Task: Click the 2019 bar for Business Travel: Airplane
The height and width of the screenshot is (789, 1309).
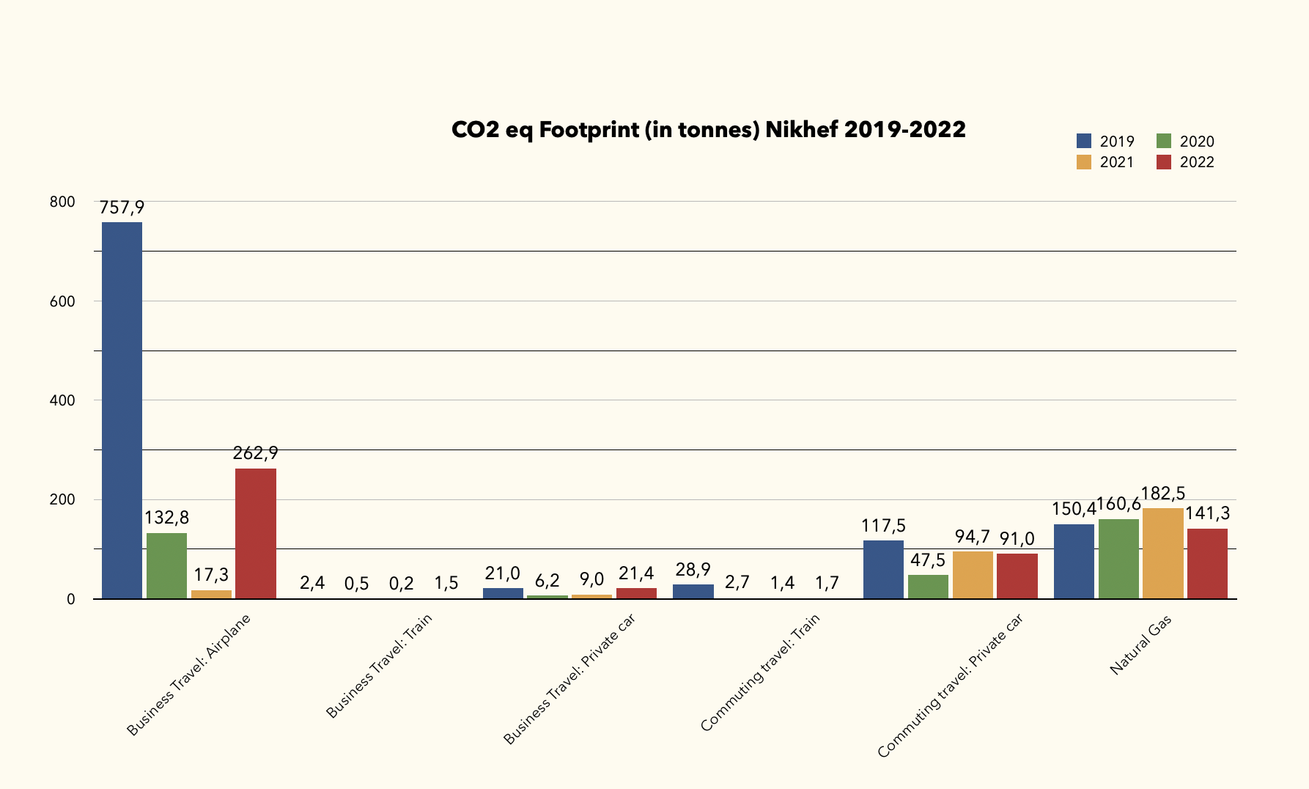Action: click(x=122, y=411)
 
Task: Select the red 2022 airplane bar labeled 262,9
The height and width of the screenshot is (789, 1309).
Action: click(x=256, y=533)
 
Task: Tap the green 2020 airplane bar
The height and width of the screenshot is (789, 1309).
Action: click(x=166, y=565)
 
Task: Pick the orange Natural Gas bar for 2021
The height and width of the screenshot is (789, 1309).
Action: click(x=1162, y=553)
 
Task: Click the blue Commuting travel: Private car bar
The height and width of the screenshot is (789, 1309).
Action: click(x=883, y=569)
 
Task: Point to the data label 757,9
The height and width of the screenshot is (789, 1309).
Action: click(x=122, y=208)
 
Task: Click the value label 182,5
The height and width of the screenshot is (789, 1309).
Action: click(x=1162, y=494)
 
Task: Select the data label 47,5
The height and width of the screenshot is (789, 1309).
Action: click(x=928, y=561)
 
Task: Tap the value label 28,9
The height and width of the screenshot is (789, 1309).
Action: click(x=693, y=570)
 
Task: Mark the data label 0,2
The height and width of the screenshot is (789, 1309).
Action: click(x=401, y=584)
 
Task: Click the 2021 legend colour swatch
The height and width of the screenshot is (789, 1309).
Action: click(x=1084, y=162)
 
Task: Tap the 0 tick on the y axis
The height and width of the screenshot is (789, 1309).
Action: click(x=71, y=600)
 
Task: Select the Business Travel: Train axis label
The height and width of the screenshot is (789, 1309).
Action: click(x=379, y=665)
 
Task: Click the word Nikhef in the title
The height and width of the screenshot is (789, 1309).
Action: click(x=801, y=130)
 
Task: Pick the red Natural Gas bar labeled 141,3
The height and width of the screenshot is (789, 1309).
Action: click(x=1207, y=564)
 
